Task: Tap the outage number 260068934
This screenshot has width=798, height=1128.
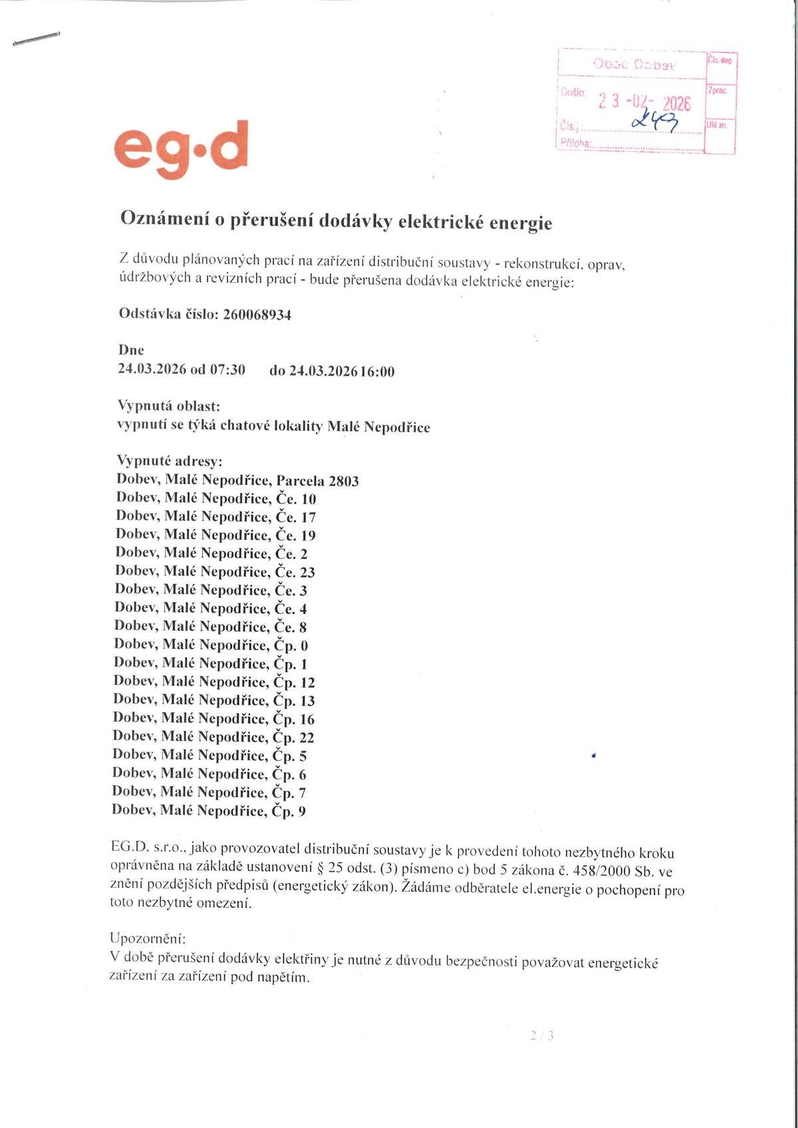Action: pos(257,315)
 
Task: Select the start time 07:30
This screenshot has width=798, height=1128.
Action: pos(227,370)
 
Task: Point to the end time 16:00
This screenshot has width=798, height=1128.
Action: pos(377,372)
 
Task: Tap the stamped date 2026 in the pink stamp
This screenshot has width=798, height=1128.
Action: pos(676,103)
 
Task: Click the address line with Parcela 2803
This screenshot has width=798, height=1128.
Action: pos(237,480)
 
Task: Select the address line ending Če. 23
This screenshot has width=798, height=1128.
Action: pos(215,571)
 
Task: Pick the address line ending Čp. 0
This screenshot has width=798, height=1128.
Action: pos(211,644)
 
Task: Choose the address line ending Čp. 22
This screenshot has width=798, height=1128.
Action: pos(213,737)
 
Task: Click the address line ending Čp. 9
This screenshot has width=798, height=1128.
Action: pos(209,810)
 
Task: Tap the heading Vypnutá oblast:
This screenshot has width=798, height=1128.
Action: pos(168,406)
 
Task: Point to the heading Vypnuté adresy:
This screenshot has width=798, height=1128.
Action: pos(170,461)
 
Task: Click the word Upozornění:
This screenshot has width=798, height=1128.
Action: pos(148,938)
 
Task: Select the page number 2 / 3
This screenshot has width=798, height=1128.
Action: pos(542,1035)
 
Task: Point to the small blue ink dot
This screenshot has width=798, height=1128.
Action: pos(593,756)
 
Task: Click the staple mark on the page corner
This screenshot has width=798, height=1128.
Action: pos(37,39)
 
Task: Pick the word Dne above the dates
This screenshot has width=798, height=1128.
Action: pos(131,350)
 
